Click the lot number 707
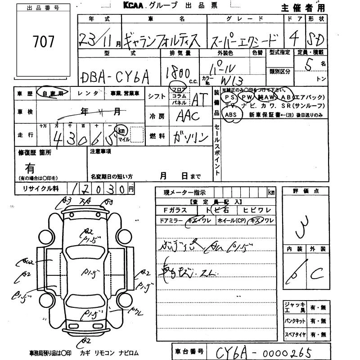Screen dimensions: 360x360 (x=44, y=42)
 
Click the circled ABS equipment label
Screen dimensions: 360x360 (x=230, y=115)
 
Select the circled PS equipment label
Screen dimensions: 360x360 (x=230, y=97)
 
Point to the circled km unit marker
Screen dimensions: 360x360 (x=121, y=130)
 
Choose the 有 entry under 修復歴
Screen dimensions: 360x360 (x=30, y=168)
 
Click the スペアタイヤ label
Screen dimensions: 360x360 (x=295, y=335)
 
